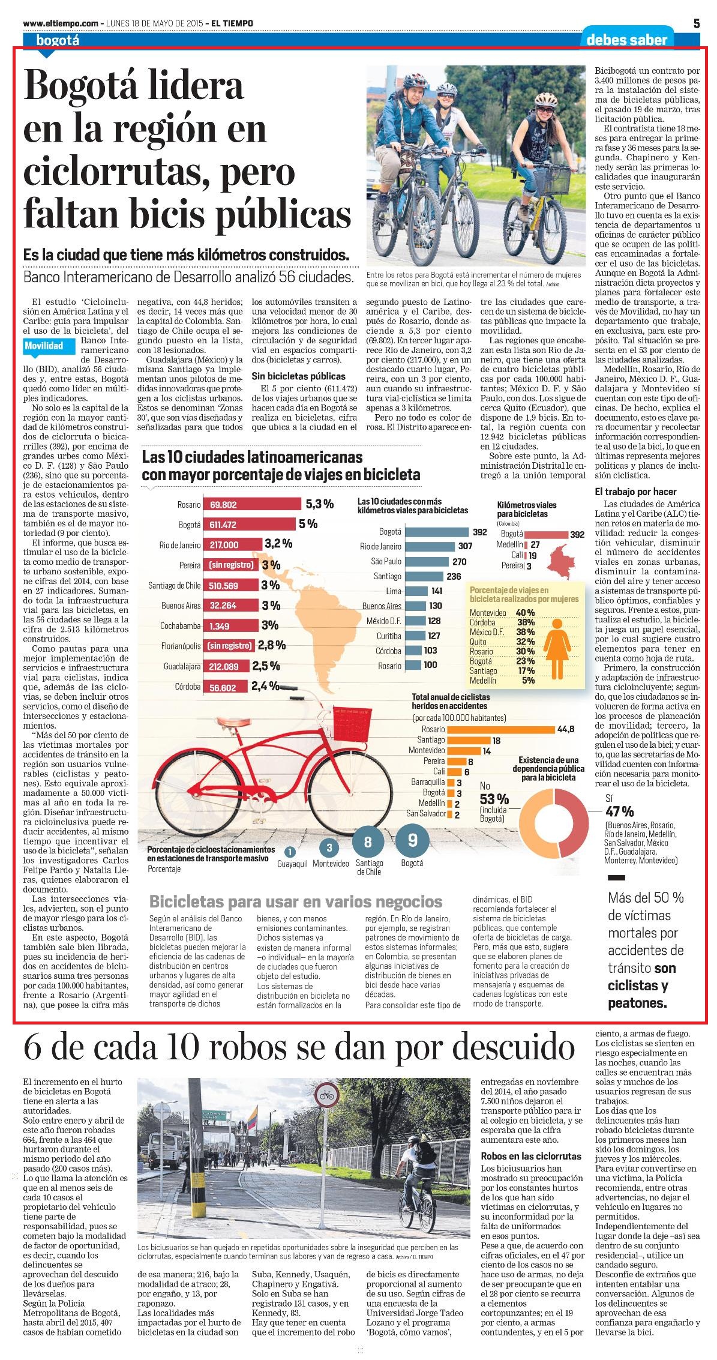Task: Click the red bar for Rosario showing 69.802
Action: tap(253, 505)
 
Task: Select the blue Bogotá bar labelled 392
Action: tap(436, 532)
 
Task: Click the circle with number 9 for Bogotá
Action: tap(412, 840)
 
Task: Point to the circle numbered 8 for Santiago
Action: tap(368, 842)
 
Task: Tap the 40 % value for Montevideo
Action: tap(526, 612)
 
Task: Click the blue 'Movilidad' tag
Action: tap(44, 346)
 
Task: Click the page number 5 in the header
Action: tap(697, 23)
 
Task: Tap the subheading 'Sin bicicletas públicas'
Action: tap(298, 376)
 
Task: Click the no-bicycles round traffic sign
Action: tap(326, 1095)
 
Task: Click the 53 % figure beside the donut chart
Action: tap(494, 799)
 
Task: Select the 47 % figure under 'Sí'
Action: tap(619, 811)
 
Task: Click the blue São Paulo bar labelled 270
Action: tap(427, 561)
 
